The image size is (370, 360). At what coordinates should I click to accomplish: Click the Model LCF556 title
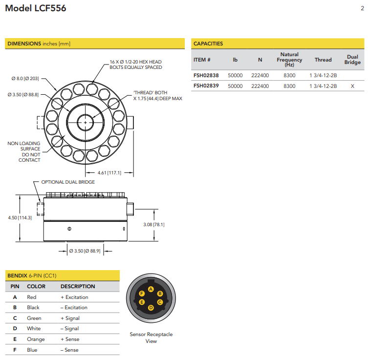click(36, 8)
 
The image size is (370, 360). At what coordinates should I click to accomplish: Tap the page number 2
click(362, 8)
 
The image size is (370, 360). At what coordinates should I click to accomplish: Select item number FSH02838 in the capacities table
click(206, 76)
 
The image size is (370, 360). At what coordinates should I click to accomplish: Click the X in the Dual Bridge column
click(352, 86)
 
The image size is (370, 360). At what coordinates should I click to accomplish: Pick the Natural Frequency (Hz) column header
click(289, 60)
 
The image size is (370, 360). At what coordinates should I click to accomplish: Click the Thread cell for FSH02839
click(323, 86)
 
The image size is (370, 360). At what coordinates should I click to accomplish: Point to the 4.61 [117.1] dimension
click(109, 172)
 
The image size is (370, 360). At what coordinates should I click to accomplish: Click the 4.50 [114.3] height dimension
click(20, 217)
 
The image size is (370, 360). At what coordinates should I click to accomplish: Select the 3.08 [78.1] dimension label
click(153, 225)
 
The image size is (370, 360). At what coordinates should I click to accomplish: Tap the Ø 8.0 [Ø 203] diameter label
click(25, 78)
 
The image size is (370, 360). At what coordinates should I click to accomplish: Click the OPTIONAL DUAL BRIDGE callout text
click(68, 182)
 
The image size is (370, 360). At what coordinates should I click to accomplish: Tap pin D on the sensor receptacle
click(151, 307)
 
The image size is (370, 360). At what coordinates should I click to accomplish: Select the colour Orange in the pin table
click(36, 339)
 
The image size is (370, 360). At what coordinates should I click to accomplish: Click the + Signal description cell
click(70, 318)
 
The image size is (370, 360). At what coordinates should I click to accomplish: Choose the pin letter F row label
click(15, 350)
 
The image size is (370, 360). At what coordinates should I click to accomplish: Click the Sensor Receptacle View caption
click(151, 338)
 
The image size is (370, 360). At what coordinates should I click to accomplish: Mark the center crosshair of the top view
click(86, 122)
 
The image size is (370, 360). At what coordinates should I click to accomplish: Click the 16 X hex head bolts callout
click(135, 64)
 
